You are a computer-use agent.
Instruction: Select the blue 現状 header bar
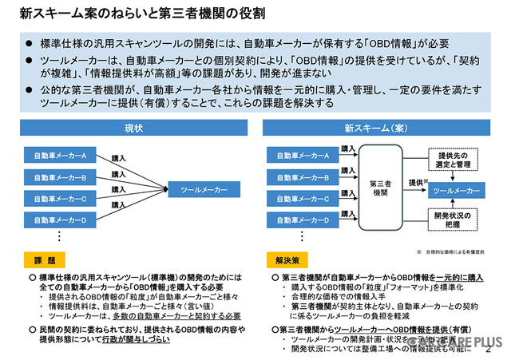coord(133,128)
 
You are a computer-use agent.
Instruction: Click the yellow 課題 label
coord(46,260)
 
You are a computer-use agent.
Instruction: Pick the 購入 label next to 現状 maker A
coord(119,160)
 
